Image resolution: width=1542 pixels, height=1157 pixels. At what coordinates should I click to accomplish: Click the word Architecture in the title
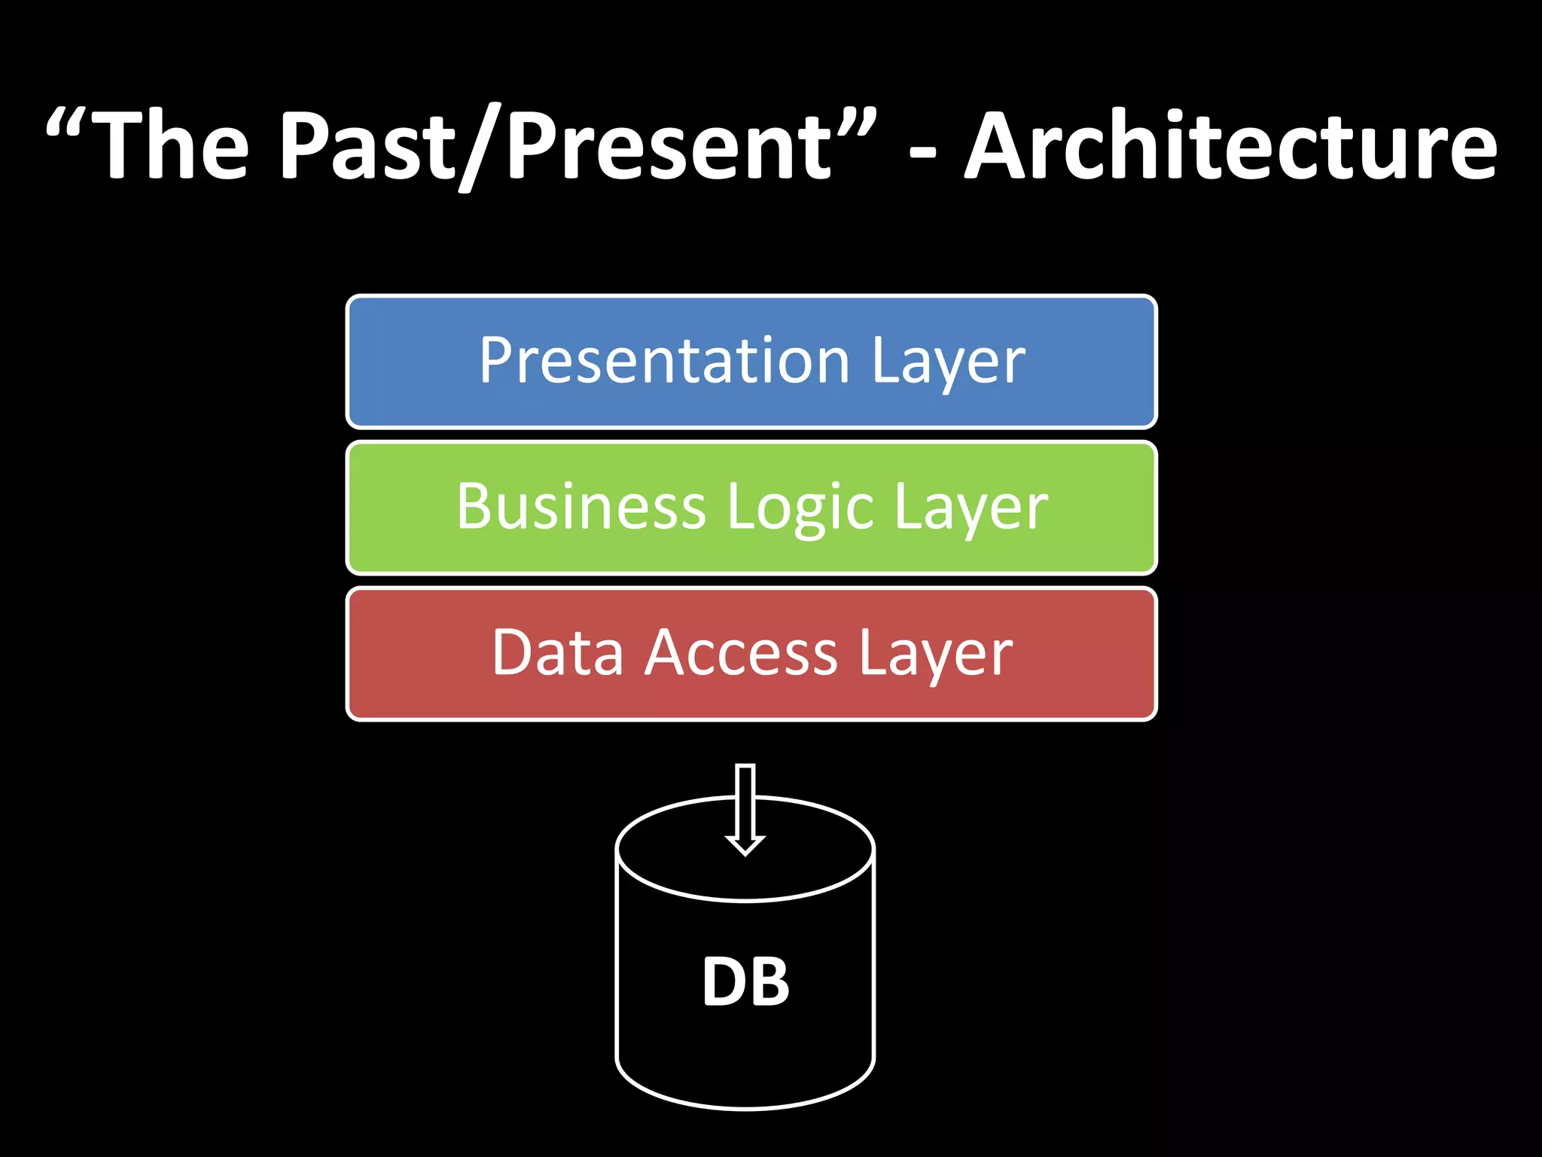[1231, 147]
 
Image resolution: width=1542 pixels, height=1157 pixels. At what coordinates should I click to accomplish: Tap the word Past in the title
[367, 147]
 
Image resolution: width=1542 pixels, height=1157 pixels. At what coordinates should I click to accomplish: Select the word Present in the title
[669, 147]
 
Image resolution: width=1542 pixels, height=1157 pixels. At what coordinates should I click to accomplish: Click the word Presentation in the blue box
[664, 362]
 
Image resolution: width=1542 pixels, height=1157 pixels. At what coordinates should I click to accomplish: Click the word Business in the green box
[581, 507]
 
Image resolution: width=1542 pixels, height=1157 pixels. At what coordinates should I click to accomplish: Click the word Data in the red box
[558, 653]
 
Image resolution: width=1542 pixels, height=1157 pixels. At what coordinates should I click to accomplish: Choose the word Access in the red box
[741, 653]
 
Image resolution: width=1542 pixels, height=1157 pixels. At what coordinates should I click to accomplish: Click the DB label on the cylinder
[745, 982]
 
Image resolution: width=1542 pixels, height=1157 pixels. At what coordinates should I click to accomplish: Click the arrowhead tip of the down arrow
[745, 853]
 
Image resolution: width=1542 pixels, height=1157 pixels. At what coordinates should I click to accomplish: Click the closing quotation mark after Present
[855, 124]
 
